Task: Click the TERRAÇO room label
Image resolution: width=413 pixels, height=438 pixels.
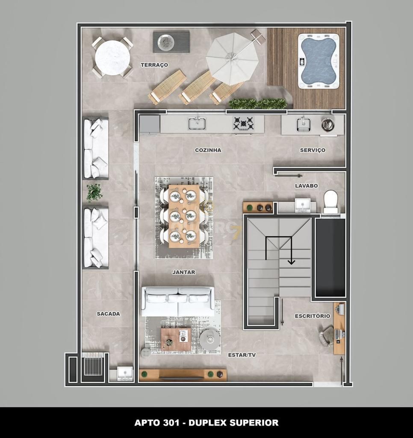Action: pyautogui.click(x=154, y=65)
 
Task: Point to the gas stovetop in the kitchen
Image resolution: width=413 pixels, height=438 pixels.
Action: pyautogui.click(x=243, y=124)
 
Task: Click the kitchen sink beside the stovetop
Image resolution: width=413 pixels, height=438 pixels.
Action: pyautogui.click(x=197, y=124)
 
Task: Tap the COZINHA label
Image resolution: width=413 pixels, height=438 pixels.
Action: pyautogui.click(x=208, y=150)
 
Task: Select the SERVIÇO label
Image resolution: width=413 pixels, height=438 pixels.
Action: pyautogui.click(x=313, y=150)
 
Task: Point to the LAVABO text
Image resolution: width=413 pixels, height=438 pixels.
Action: pyautogui.click(x=306, y=186)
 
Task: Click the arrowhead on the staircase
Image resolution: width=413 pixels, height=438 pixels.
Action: pyautogui.click(x=291, y=261)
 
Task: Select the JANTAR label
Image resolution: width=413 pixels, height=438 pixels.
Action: pyautogui.click(x=183, y=272)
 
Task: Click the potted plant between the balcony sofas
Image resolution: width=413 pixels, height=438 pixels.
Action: pyautogui.click(x=94, y=192)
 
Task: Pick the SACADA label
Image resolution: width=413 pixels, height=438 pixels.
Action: pyautogui.click(x=108, y=314)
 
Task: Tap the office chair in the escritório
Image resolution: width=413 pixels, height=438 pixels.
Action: pyautogui.click(x=327, y=335)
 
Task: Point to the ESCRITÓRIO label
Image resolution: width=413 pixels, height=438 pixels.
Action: pyautogui.click(x=312, y=316)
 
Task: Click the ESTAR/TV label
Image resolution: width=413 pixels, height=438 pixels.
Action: pyautogui.click(x=242, y=355)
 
